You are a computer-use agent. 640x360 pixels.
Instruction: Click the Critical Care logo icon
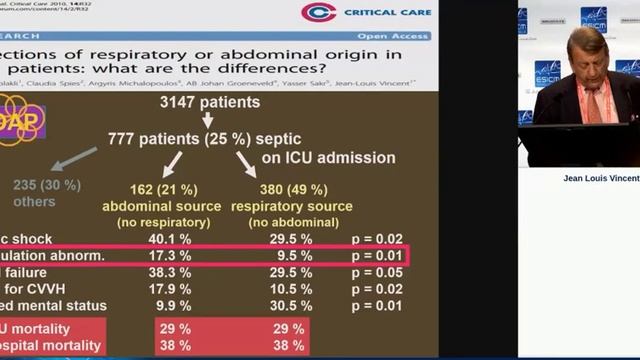[x=319, y=13]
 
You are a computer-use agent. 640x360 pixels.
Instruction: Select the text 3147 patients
[x=210, y=102]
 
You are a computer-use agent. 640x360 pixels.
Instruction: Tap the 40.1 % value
[x=169, y=238]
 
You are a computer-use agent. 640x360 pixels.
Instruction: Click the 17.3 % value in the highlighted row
[x=169, y=256]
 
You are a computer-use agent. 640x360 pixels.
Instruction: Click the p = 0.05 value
[x=379, y=272]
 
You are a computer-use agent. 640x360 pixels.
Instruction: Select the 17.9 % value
[x=169, y=289]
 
